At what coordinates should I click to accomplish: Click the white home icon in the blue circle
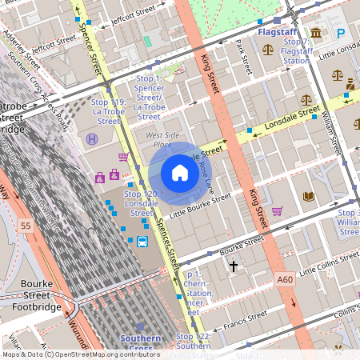pos(180,173)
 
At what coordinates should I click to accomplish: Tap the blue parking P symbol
pos(342,33)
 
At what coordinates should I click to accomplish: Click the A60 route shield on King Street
pos(285,280)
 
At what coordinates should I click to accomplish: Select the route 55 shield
pos(26,226)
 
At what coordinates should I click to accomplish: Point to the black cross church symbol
pos(234,265)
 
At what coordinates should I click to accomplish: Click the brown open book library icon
pos(309,196)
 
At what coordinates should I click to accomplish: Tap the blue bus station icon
pos(142,242)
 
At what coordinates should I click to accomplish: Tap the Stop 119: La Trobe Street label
pos(109,112)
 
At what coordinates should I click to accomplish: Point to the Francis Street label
pos(246,322)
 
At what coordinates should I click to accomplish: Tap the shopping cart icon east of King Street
pos(277,211)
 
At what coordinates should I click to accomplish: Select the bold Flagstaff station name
pos(278,32)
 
